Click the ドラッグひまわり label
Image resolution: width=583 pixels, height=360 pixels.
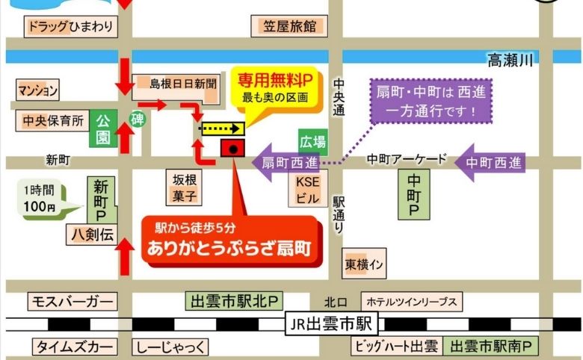(71, 28)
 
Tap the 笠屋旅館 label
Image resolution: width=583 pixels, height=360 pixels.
(290, 27)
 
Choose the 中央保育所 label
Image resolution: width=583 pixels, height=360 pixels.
(52, 120)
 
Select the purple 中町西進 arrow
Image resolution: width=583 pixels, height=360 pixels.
(489, 161)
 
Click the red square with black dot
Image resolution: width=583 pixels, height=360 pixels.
(233, 149)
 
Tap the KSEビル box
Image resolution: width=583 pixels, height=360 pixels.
(307, 190)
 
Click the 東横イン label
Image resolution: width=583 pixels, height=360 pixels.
(364, 264)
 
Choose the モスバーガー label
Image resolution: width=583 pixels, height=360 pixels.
(72, 302)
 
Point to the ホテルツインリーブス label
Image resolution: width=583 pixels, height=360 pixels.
(410, 302)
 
